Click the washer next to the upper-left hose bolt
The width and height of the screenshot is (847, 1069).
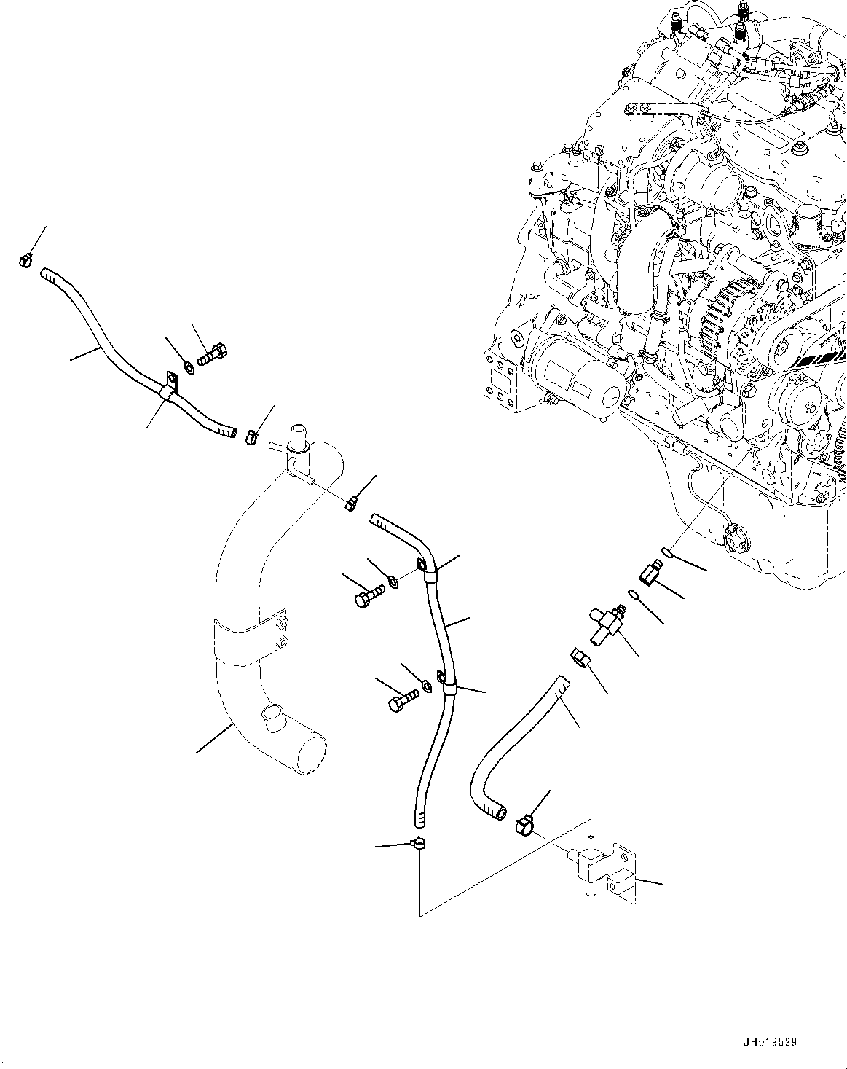187,366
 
